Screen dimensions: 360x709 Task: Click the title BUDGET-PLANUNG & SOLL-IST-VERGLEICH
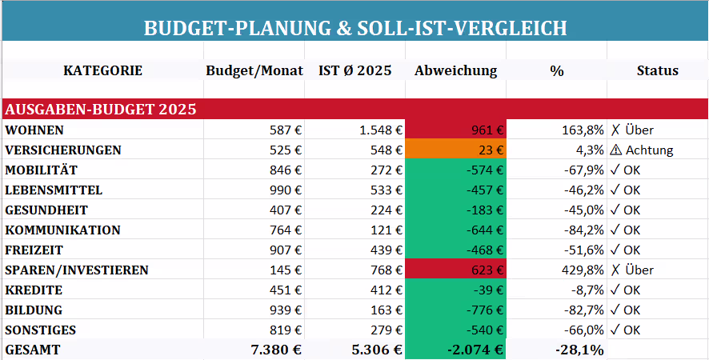coord(354,28)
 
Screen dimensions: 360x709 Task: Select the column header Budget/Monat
coord(254,70)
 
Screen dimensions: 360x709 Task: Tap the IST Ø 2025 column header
coord(354,70)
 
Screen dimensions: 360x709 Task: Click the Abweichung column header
coord(455,70)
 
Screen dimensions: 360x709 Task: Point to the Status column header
coord(657,70)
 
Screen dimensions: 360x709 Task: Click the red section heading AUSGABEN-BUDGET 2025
coord(101,109)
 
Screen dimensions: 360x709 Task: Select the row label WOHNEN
coord(34,130)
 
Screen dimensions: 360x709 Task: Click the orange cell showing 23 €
coord(455,150)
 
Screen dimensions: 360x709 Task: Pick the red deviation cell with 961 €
coord(455,130)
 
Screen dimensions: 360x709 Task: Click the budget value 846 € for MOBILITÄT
coord(285,170)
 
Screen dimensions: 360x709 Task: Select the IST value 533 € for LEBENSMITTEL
coord(385,190)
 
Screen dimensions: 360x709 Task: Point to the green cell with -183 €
coord(455,210)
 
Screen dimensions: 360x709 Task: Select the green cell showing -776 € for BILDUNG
coord(455,310)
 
